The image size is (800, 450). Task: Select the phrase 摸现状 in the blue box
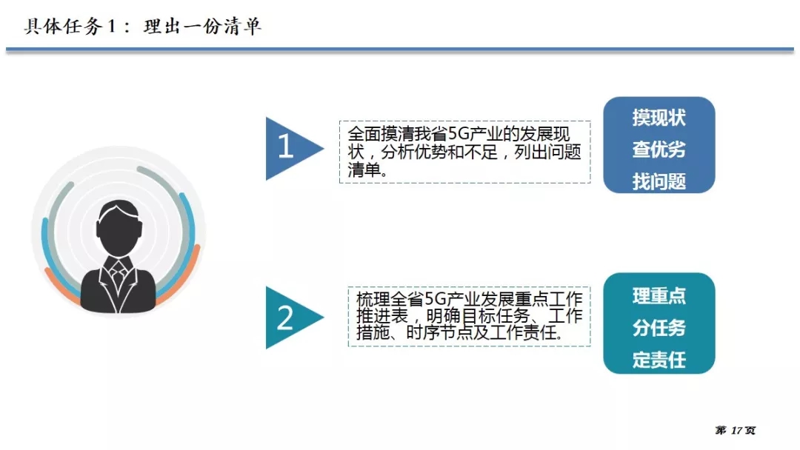coord(659,118)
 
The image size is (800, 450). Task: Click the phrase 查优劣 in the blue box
coord(659,150)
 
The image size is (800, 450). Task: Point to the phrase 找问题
coord(659,181)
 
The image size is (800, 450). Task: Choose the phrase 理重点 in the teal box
coord(659,296)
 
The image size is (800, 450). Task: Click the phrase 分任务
coord(659,328)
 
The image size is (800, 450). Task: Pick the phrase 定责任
coord(659,360)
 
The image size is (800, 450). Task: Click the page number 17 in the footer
coord(736,431)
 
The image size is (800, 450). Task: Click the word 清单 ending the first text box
coord(364,169)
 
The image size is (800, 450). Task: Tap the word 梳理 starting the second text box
coord(373,298)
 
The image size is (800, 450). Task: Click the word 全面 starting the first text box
coord(364,134)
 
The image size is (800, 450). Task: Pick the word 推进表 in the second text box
coord(381,316)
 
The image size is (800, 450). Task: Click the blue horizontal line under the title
coord(400,50)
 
